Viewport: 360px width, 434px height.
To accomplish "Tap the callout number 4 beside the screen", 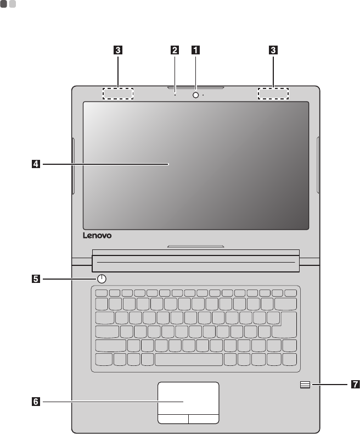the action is (x=35, y=163).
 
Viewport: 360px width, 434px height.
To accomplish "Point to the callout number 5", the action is (x=35, y=279).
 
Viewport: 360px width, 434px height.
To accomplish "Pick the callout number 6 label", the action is (x=35, y=402).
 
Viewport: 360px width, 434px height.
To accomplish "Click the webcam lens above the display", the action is (x=195, y=94).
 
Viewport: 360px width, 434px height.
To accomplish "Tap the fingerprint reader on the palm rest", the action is (x=305, y=385).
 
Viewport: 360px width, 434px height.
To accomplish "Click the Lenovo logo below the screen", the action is (x=98, y=236).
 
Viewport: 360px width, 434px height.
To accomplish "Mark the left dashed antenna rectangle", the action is (x=118, y=94).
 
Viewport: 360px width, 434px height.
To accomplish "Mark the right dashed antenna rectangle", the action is (x=273, y=94).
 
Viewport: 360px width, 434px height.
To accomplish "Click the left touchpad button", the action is (x=173, y=419).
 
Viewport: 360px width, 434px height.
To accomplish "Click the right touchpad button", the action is (x=204, y=419).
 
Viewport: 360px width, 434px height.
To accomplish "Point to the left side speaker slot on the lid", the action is (x=73, y=169).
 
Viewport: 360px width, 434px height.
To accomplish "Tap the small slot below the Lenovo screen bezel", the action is (x=196, y=246).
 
